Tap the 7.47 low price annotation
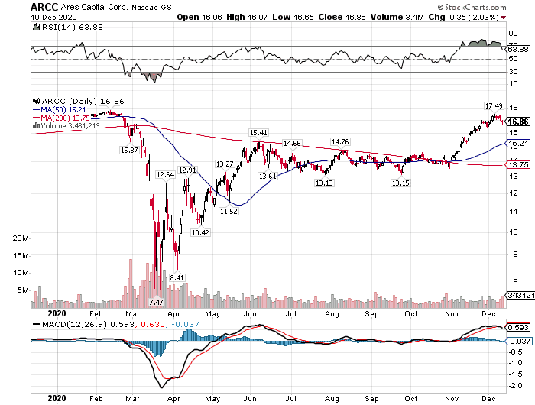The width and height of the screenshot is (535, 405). [156, 303]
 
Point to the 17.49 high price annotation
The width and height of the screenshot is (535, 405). [494, 105]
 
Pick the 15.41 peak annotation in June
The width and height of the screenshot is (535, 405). [258, 133]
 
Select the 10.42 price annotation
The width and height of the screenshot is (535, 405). [200, 232]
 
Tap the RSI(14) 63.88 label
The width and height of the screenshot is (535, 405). [57, 27]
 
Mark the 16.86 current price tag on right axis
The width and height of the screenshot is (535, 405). [518, 121]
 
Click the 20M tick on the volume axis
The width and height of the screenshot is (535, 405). [21, 238]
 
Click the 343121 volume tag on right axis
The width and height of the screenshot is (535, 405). [520, 295]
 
